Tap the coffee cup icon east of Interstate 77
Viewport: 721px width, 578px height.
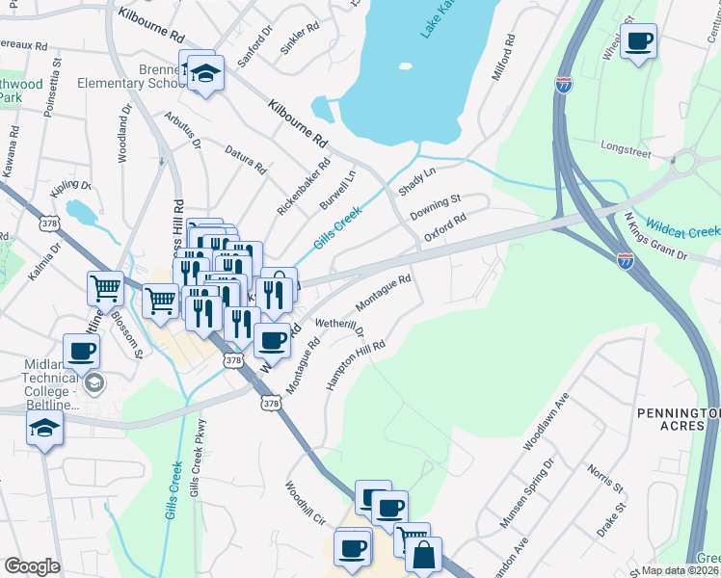point(638,41)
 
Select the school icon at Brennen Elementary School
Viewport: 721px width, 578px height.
point(204,73)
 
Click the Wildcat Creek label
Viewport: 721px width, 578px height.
point(681,227)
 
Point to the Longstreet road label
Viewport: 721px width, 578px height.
point(626,149)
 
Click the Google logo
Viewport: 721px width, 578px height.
point(32,566)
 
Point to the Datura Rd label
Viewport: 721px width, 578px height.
point(245,158)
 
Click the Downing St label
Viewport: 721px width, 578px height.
point(436,204)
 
